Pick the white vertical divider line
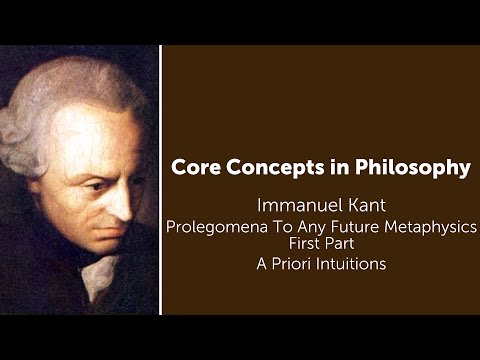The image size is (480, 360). [x=160, y=180]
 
